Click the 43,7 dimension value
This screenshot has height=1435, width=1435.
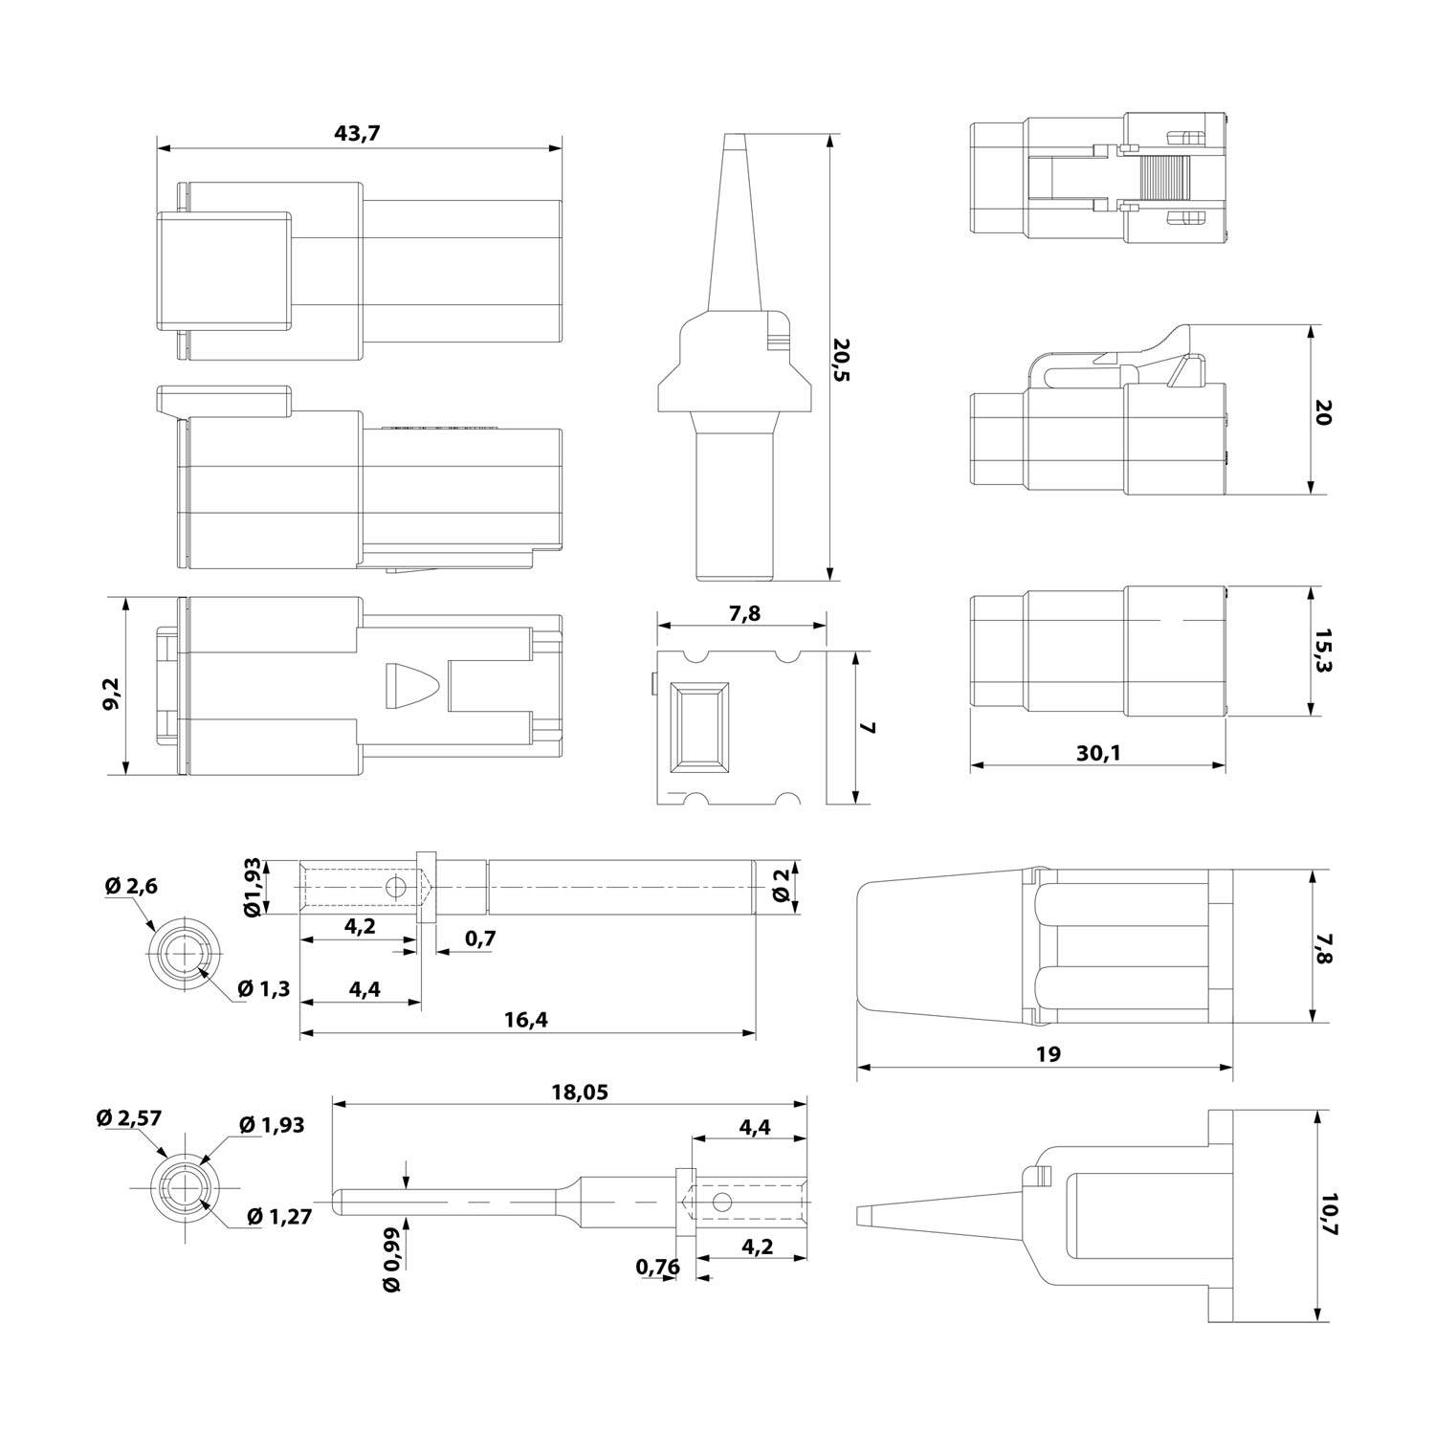357,134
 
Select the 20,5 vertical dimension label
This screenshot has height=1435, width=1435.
841,359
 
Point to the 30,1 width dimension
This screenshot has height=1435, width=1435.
1097,753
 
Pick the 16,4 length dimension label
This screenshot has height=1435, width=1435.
525,1020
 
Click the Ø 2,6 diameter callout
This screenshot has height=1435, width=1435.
131,886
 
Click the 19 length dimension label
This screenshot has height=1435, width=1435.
1048,1054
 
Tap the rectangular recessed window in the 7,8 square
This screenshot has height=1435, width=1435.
700,727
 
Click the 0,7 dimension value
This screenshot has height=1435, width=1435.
480,938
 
